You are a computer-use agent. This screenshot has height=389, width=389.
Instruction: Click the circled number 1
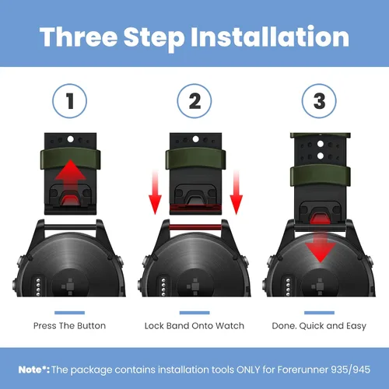click(69, 101)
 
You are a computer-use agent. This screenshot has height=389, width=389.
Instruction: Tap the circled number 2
click(194, 101)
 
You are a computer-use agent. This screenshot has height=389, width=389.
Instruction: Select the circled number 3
click(319, 101)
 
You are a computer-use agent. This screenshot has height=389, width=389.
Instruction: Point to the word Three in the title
click(79, 37)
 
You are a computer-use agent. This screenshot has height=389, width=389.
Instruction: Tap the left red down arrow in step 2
click(155, 192)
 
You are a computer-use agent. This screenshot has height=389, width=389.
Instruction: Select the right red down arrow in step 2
click(237, 192)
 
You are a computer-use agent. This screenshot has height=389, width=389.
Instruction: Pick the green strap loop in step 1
click(70, 159)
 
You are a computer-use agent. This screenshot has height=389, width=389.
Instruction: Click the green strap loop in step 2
click(195, 159)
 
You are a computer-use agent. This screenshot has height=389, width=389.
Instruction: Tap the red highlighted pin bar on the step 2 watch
click(195, 227)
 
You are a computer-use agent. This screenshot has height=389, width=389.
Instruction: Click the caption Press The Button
click(69, 326)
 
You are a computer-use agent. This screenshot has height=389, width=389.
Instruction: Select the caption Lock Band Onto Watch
click(194, 326)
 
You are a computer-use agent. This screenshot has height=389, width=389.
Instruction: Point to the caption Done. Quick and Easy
click(319, 326)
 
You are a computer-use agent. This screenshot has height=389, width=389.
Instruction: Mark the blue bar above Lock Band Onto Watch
click(194, 313)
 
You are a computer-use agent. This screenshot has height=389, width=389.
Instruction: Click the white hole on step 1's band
click(70, 139)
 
